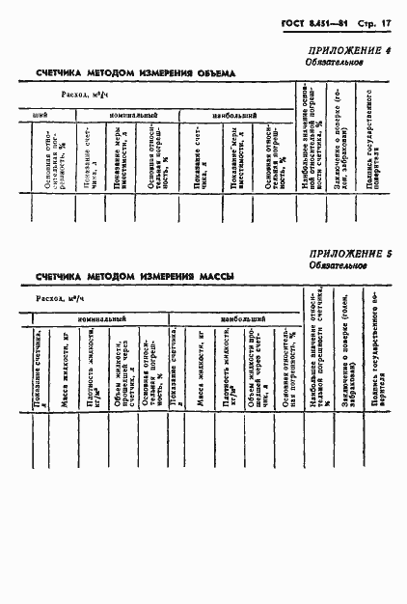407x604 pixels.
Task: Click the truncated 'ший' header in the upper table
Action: pyautogui.click(x=41, y=114)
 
